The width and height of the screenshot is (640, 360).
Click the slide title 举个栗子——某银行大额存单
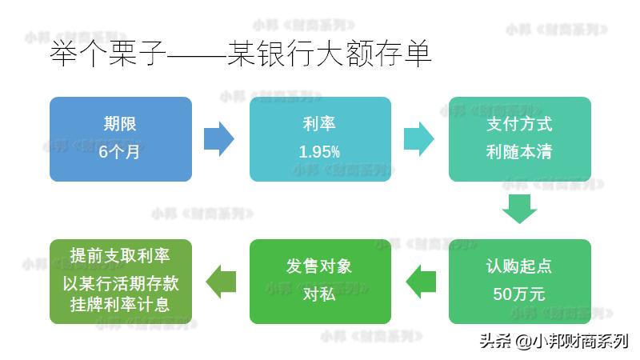(x=241, y=54)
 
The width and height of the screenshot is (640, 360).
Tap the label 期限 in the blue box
(x=120, y=124)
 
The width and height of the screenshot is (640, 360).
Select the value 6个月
(x=119, y=152)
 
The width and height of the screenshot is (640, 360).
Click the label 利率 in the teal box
(x=319, y=124)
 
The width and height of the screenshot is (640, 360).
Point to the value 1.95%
(x=319, y=152)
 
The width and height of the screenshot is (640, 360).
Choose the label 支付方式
(x=519, y=124)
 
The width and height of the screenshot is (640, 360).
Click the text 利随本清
(x=519, y=152)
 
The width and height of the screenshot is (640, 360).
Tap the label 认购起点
(x=519, y=266)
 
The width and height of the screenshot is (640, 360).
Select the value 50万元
(x=519, y=294)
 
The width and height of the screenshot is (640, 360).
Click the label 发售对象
(x=319, y=266)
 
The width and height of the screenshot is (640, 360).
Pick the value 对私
(x=319, y=294)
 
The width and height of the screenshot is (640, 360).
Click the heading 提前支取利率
(x=120, y=255)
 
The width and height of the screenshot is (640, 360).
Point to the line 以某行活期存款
(x=121, y=283)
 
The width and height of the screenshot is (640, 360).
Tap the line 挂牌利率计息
(x=120, y=305)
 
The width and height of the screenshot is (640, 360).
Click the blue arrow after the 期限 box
(x=219, y=138)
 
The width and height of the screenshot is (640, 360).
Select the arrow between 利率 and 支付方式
(x=418, y=138)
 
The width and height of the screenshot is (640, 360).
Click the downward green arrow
(x=519, y=209)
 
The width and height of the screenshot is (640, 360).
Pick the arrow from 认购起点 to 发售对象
(x=421, y=282)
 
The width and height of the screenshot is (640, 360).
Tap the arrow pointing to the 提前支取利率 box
(x=221, y=282)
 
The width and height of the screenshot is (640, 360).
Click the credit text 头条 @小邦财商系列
(x=554, y=341)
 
